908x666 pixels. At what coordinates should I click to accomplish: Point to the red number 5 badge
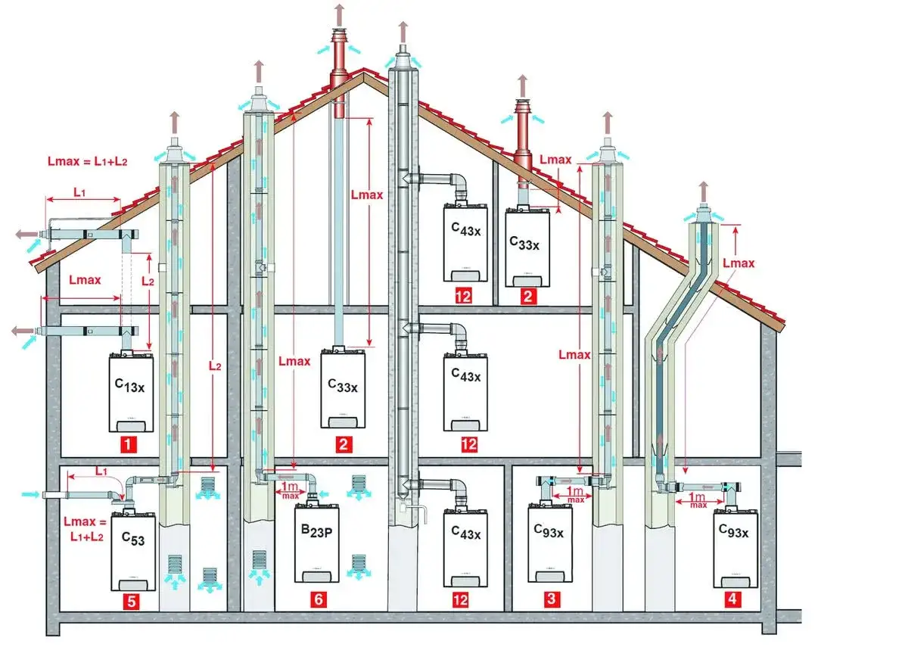click(x=132, y=602)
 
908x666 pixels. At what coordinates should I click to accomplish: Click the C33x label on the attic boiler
click(x=524, y=243)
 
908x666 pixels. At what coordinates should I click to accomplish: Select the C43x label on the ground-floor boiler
click(x=465, y=534)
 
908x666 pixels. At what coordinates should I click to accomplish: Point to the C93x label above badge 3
click(x=549, y=532)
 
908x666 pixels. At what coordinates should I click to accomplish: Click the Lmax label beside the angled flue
click(x=739, y=263)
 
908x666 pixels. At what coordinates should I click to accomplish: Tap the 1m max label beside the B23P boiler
click(x=288, y=490)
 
